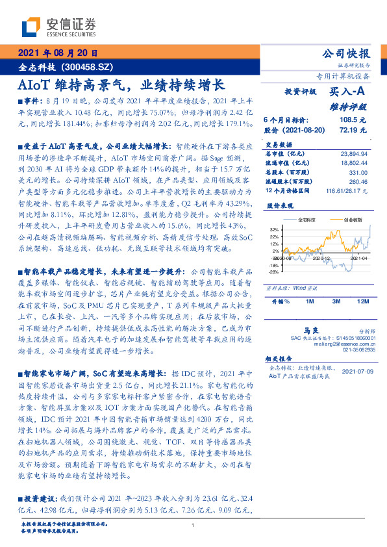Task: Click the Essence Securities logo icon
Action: [x=32, y=27]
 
